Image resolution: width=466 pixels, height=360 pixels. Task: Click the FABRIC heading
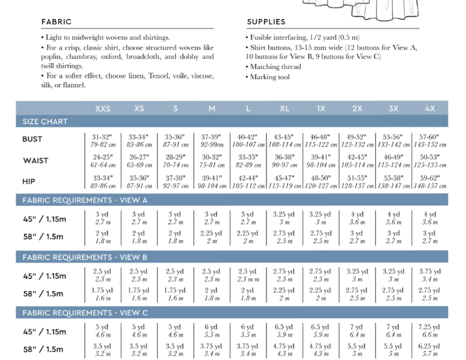(x=56, y=22)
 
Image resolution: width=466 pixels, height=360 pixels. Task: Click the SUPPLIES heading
(x=266, y=22)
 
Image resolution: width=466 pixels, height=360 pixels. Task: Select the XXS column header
(x=103, y=109)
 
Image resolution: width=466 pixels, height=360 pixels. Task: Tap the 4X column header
(x=430, y=109)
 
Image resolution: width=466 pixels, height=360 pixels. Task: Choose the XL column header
(x=285, y=109)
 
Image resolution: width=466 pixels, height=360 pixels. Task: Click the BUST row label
(x=33, y=140)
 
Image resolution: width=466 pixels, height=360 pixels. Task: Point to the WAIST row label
(x=35, y=160)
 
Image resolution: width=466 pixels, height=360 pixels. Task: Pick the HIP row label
(x=30, y=181)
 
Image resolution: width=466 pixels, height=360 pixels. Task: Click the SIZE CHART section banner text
(x=45, y=121)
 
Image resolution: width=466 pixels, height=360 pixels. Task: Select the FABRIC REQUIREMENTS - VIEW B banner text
(x=85, y=258)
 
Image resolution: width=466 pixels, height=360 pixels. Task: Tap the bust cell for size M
(x=212, y=140)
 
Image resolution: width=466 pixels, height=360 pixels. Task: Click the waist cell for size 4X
(x=430, y=161)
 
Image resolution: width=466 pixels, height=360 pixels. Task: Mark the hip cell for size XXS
(x=103, y=182)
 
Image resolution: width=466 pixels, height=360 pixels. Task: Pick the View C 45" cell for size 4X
(x=430, y=331)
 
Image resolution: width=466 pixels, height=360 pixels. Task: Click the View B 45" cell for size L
(x=248, y=275)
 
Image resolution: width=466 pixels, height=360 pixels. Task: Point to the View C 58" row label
(x=44, y=349)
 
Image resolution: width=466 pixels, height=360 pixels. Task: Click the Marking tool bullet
(x=270, y=77)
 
